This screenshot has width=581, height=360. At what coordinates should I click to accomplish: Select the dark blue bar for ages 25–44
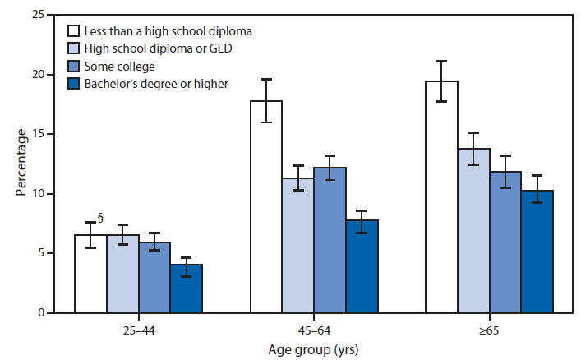coord(186,288)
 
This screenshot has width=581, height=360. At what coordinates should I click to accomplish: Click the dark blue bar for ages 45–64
coord(362,266)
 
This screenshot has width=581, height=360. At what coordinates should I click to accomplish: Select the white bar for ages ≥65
coord(441,197)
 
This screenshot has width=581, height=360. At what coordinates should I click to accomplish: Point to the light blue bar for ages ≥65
coord(473,231)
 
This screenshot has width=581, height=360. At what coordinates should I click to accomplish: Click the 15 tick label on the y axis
coord(37,134)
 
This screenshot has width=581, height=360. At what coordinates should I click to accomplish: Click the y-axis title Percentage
coord(20,164)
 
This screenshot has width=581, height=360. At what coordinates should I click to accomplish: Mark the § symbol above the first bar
coord(100,218)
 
